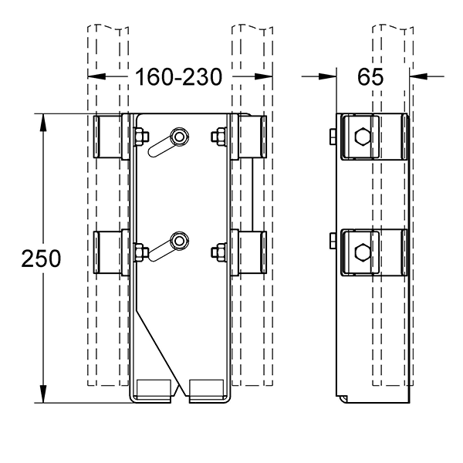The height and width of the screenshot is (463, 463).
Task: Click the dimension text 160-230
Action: coord(178,77)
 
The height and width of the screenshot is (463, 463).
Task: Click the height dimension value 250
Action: coord(42,259)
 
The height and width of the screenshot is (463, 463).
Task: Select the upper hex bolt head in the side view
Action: coord(360,138)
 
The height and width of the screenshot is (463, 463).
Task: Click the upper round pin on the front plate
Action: coord(179,137)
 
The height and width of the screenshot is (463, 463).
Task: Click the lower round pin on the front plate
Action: coord(179,242)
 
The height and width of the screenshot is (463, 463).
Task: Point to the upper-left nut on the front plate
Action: coord(140,137)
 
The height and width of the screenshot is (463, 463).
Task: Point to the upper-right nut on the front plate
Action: coord(218,137)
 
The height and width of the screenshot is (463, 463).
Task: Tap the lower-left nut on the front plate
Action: coord(140,251)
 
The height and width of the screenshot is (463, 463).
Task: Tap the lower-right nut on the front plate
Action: coord(218,251)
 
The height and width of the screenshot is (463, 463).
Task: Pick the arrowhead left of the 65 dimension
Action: coord(331,76)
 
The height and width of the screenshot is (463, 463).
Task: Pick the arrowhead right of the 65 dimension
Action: coord(417,76)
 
